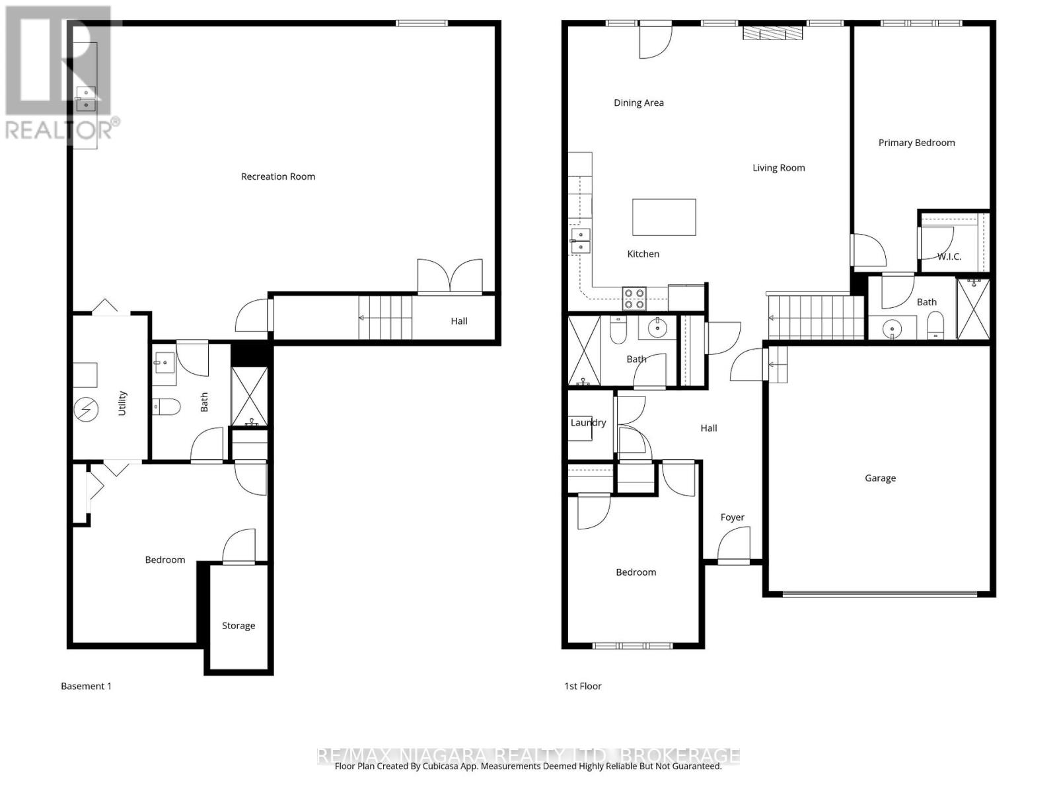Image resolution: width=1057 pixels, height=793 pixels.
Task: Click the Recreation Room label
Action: tap(277, 176)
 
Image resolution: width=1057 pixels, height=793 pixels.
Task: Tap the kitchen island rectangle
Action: tap(664, 217)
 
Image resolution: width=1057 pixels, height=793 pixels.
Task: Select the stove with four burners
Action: tap(635, 299)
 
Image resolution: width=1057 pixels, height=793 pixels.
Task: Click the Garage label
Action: tap(880, 478)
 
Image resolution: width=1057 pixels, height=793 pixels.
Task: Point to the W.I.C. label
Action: tap(949, 256)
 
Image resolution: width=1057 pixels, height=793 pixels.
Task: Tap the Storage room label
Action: tap(238, 626)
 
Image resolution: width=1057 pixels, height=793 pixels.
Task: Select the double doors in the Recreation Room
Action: tap(449, 276)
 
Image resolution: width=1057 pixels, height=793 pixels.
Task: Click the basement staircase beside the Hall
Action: tap(385, 318)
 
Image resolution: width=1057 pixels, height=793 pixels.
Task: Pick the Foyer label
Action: tap(732, 517)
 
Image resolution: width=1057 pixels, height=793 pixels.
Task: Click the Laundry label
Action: tap(588, 423)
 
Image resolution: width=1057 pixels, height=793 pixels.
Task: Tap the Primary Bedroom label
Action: tap(916, 143)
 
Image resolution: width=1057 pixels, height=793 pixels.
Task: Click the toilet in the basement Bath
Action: tap(166, 406)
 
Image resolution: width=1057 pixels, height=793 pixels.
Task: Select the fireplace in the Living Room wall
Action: tap(772, 33)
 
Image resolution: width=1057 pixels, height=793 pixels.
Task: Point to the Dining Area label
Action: tap(638, 103)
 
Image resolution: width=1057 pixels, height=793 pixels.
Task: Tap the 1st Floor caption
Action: tap(583, 687)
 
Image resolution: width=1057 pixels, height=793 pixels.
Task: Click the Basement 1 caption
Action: tap(86, 687)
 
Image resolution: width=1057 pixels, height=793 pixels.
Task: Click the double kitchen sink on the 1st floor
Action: tap(581, 241)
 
